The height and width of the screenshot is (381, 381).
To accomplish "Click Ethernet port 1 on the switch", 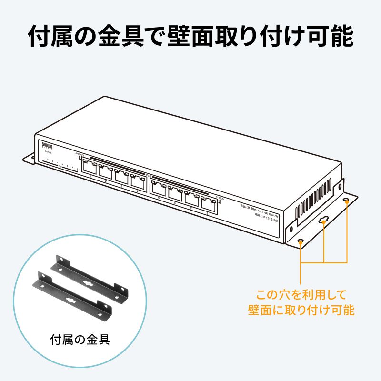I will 90,167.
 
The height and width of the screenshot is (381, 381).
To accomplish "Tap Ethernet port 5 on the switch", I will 159,187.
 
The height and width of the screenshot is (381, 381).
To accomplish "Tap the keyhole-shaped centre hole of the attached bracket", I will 324,220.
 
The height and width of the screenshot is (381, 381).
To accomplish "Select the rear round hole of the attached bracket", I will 346,201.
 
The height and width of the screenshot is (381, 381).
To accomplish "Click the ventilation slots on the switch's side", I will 315,198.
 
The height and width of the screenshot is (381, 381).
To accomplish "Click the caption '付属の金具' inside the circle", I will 80,340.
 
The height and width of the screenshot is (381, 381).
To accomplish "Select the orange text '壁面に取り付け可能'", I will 301,310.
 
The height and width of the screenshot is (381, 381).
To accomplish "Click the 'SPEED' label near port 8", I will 220,198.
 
